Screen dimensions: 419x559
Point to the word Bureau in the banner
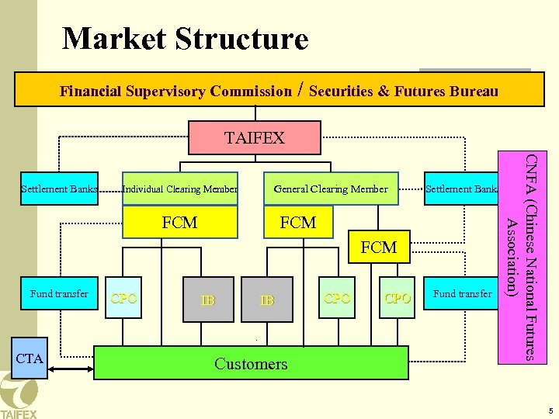point(468,92)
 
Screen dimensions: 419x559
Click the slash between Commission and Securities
point(300,91)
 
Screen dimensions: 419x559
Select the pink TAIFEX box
point(255,138)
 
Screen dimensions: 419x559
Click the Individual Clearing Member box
point(180,189)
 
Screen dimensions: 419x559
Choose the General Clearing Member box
point(330,189)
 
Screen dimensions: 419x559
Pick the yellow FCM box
point(179,223)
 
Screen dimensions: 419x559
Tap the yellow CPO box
point(124,299)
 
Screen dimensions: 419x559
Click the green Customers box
point(251,363)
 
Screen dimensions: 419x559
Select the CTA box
point(30,358)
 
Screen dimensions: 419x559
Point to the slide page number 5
point(549,410)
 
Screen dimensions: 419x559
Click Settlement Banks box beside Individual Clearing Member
point(59,189)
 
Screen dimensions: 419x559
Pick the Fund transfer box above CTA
point(59,293)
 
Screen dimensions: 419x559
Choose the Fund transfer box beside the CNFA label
point(461,293)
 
